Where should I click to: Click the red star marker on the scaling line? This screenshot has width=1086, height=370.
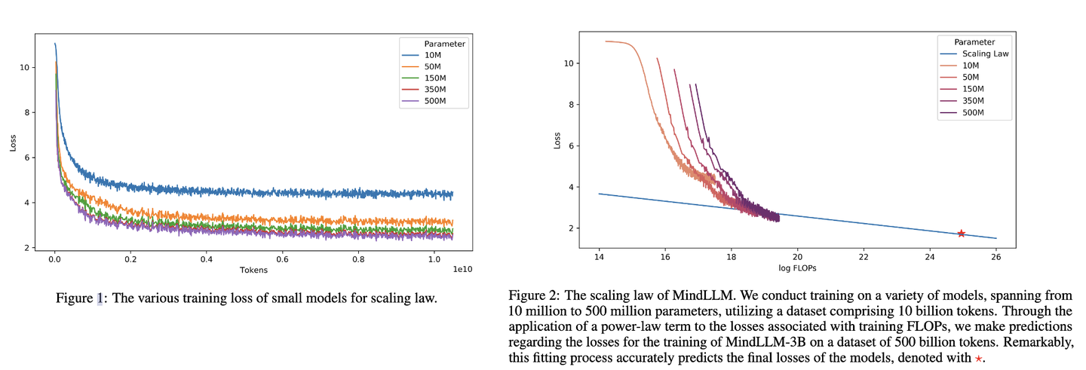[x=961, y=234]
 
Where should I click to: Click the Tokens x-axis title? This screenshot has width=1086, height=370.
[x=253, y=269]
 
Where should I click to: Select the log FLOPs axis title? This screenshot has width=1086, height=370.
[x=796, y=268]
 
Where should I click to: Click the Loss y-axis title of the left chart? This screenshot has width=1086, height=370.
[x=13, y=143]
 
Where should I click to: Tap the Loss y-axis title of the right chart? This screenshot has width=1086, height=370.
[x=557, y=140]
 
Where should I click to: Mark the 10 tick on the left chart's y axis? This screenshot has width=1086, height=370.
[x=25, y=67]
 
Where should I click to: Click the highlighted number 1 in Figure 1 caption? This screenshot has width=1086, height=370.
[x=100, y=298]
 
